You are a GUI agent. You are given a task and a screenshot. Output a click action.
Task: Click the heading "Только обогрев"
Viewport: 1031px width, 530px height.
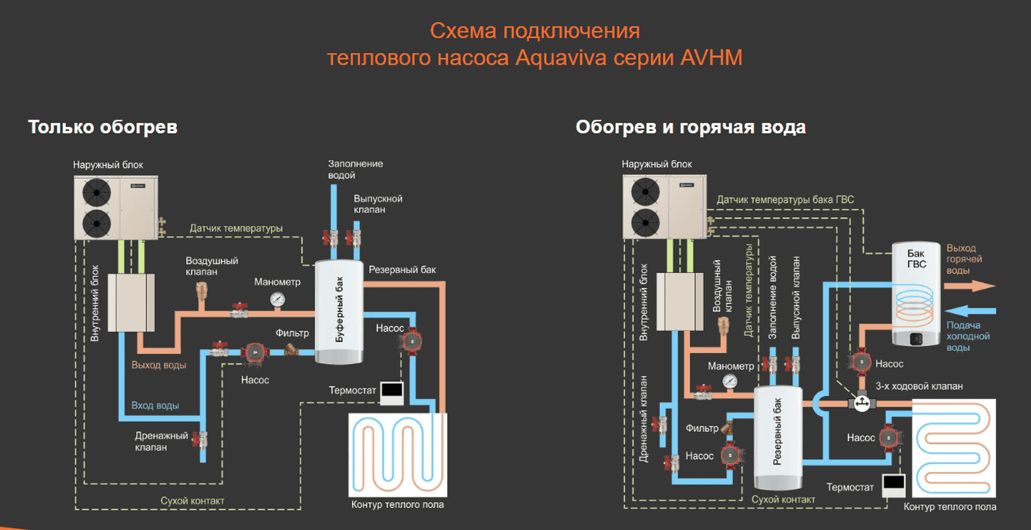click(102, 127)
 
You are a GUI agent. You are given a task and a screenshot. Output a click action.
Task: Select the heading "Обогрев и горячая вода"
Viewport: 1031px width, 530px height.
click(690, 127)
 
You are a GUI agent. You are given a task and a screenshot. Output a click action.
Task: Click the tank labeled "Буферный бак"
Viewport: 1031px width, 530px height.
click(339, 312)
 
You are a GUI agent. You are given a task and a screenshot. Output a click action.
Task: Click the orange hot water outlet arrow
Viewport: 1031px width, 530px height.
click(970, 286)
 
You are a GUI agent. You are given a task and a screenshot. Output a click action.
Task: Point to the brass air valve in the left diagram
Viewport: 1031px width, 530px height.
click(200, 290)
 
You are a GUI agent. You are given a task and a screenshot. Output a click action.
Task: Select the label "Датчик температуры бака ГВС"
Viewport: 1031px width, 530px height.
click(785, 199)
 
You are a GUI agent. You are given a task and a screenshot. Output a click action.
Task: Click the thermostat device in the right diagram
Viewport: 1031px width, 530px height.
click(894, 486)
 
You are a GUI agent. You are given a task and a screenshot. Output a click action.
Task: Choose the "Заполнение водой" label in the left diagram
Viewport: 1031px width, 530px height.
click(355, 169)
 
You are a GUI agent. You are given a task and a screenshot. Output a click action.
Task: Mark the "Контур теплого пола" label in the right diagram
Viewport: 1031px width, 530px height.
click(949, 507)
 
